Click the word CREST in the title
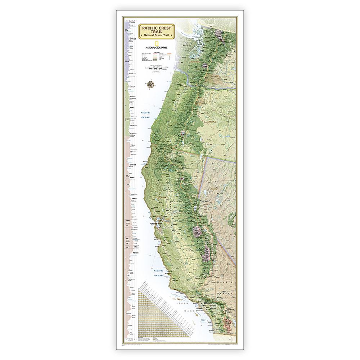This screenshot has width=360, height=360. point(164,27)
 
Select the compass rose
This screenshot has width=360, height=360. point(150,85)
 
